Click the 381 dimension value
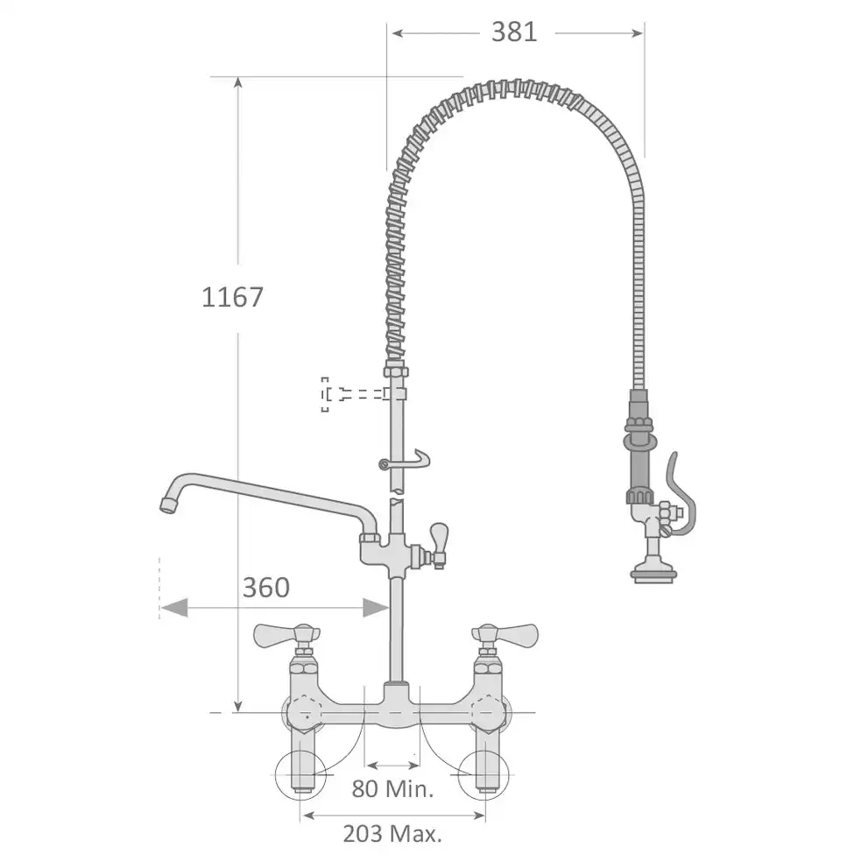point(514,32)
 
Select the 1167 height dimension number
point(233,298)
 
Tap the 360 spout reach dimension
point(265,587)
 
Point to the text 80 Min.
point(392,788)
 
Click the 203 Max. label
point(392,833)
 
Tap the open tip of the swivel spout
point(167,505)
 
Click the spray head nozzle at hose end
point(653,574)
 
